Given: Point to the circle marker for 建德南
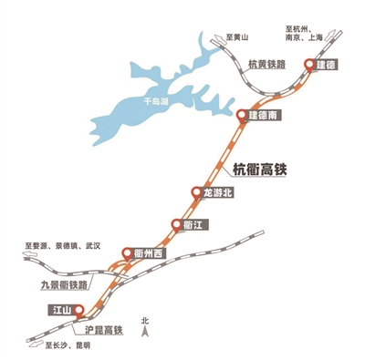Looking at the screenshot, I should pyautogui.click(x=242, y=115).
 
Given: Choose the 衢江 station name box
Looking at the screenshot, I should pyautogui.click(x=194, y=224).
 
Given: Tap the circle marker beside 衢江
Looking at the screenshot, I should pyautogui.click(x=176, y=224).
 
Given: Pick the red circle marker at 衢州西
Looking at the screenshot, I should pyautogui.click(x=126, y=253).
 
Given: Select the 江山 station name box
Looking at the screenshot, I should pyautogui.click(x=59, y=312).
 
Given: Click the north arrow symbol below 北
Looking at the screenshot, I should pyautogui.click(x=144, y=334).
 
